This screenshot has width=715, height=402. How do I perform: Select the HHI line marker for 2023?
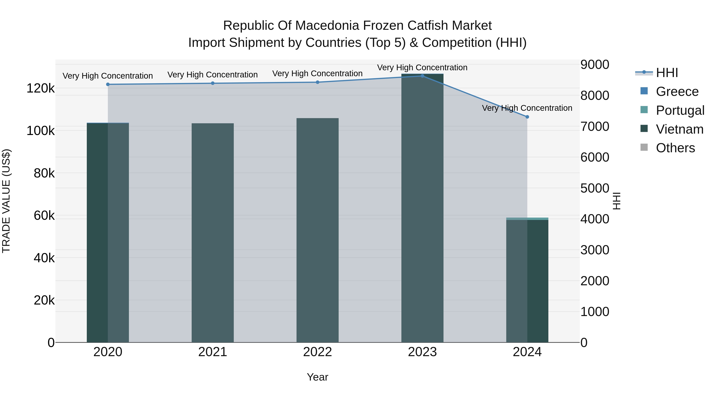pyautogui.click(x=422, y=76)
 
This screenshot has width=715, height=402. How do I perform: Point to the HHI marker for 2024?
pyautogui.click(x=527, y=117)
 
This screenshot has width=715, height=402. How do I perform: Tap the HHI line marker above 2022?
pyautogui.click(x=318, y=82)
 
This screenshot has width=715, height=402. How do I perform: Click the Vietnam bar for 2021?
pyautogui.click(x=213, y=233)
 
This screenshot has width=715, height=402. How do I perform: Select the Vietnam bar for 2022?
pyautogui.click(x=318, y=230)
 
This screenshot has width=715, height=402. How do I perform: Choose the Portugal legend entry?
pyautogui.click(x=672, y=110)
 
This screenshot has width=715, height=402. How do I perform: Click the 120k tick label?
pyautogui.click(x=41, y=89)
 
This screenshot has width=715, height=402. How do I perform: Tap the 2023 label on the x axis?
pyautogui.click(x=422, y=352)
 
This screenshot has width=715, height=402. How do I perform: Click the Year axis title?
pyautogui.click(x=318, y=377)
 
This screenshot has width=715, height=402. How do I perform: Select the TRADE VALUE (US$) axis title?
pyautogui.click(x=6, y=201)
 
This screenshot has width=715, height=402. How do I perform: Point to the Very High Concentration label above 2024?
pyautogui.click(x=527, y=108)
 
